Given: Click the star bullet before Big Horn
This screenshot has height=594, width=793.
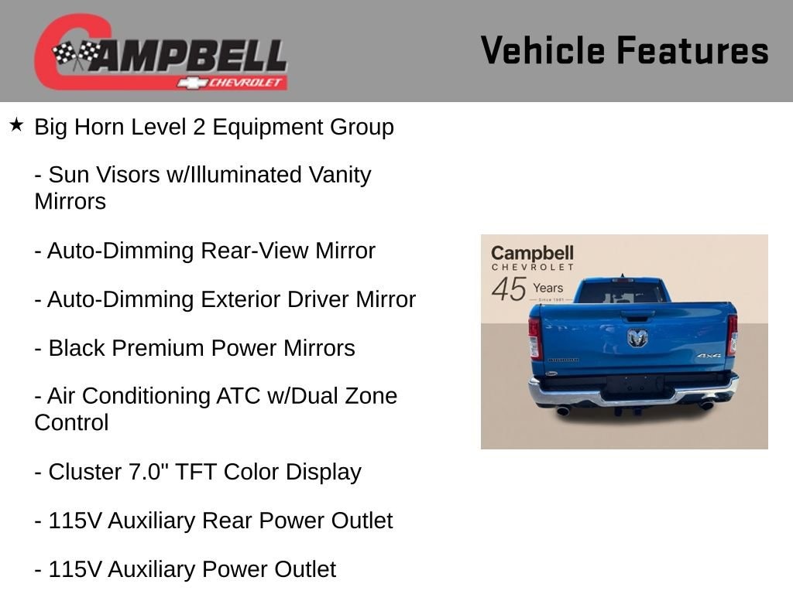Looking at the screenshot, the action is (x=16, y=125).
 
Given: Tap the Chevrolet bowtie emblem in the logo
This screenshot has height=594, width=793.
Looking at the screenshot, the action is (x=192, y=83).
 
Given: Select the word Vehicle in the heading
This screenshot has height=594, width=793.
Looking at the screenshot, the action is (x=543, y=50).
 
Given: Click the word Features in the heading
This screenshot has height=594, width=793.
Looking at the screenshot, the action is (x=693, y=50).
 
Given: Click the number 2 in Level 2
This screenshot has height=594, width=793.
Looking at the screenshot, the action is (x=199, y=127).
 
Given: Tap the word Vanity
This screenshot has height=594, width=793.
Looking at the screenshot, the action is (x=340, y=176).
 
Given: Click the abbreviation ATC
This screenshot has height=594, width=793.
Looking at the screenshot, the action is (x=238, y=396).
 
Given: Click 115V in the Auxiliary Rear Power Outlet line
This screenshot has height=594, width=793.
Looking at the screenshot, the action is (x=75, y=521).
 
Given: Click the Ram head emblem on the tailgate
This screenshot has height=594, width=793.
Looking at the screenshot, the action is (x=637, y=337).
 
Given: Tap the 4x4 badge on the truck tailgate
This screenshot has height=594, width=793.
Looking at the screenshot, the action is (x=709, y=356).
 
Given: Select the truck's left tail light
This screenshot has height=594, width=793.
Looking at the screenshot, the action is (x=535, y=338).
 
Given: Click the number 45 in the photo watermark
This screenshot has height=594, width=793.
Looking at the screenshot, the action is (x=509, y=289).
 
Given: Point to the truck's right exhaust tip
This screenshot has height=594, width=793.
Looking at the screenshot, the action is (x=705, y=405).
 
